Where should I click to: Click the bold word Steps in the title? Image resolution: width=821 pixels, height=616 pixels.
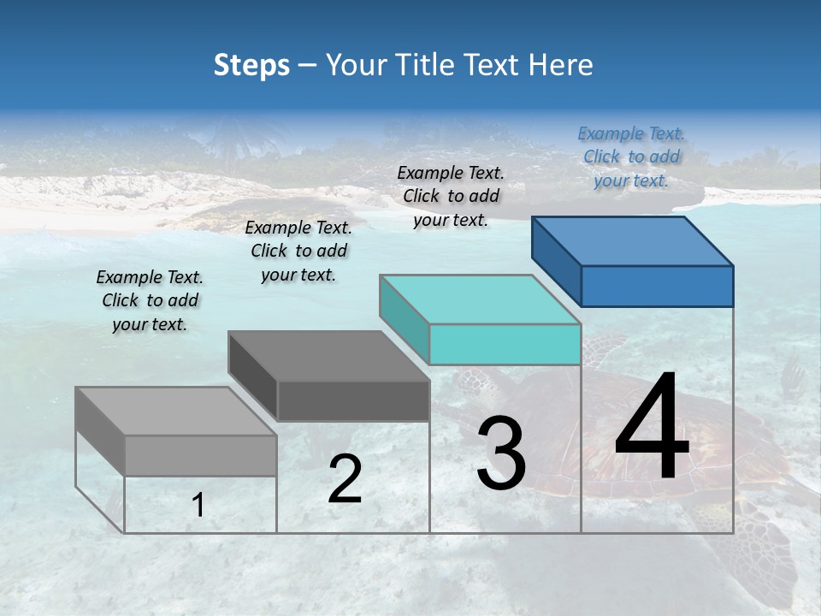(x=251, y=65)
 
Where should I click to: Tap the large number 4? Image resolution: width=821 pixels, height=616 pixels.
(x=652, y=428)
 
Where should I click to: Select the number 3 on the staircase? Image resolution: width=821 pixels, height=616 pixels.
(x=501, y=453)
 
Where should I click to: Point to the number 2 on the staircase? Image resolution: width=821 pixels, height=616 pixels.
(x=345, y=479)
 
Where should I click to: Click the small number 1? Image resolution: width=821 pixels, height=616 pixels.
(x=198, y=506)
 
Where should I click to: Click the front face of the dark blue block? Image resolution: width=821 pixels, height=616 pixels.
(x=657, y=286)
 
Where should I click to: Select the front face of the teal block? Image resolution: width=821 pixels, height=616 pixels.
(x=505, y=344)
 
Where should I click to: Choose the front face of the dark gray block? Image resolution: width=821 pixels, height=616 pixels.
(x=353, y=400)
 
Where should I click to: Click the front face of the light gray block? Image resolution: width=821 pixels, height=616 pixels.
(x=201, y=455)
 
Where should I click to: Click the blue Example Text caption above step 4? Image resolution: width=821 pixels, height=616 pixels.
(x=631, y=157)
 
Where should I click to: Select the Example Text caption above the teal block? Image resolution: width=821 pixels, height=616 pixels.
(x=451, y=196)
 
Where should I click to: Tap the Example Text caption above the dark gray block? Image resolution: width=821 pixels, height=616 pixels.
(x=298, y=251)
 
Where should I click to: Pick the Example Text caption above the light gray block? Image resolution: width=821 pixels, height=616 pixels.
(x=150, y=300)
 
